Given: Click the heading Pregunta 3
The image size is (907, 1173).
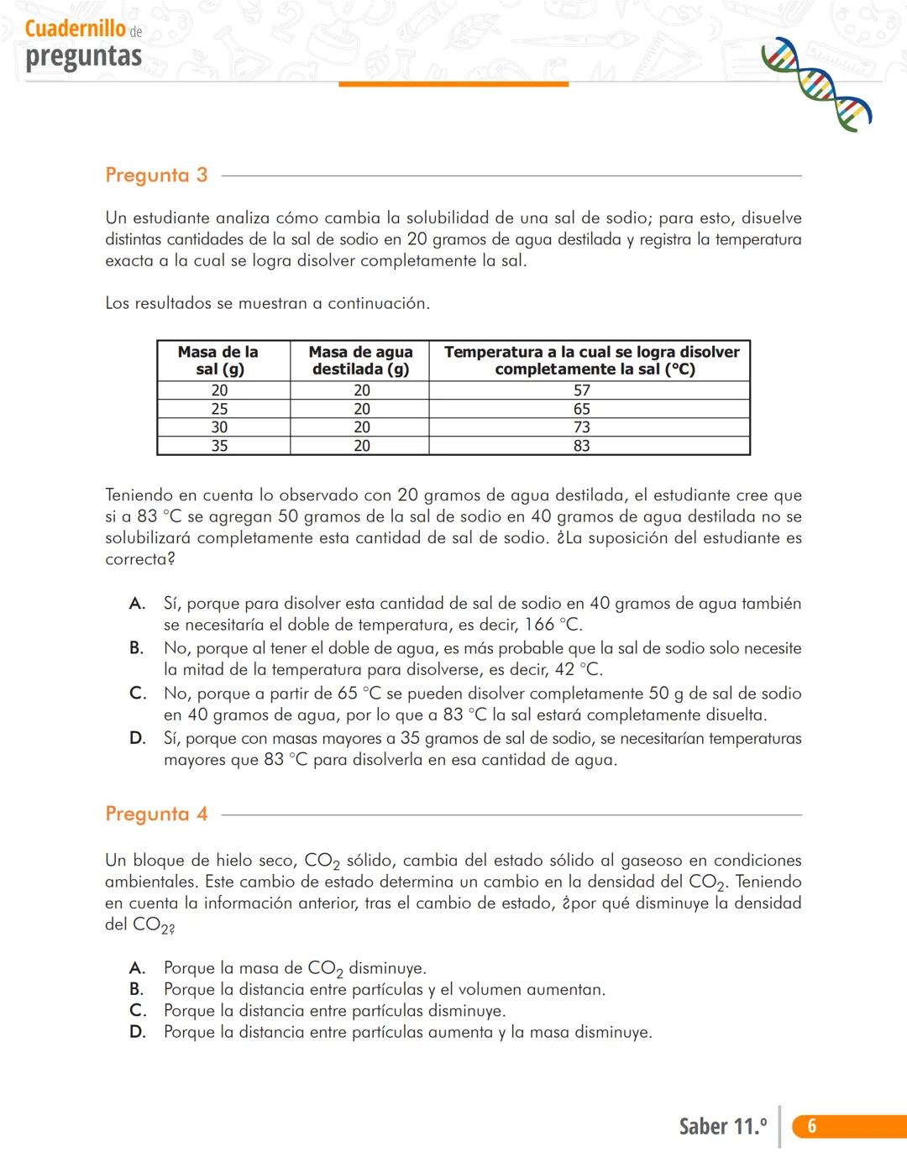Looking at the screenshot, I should coord(156,175).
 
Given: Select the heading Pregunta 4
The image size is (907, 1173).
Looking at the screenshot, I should coord(156,814).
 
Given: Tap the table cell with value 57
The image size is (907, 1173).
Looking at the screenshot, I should coord(582,390).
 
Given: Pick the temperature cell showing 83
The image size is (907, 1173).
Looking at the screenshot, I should coord(582,446).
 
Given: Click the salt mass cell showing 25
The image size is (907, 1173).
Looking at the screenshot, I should coord(219,409).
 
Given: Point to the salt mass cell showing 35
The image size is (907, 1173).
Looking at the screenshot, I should coord(219,446).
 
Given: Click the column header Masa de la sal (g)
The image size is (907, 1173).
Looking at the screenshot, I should coord(218,360).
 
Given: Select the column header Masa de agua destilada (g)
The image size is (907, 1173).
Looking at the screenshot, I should coord(360,360).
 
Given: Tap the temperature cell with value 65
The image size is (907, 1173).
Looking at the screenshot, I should coord(582,409).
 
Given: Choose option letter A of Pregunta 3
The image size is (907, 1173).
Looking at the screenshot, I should coord(137,604).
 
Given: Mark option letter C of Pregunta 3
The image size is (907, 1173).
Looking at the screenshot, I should coord(138,694).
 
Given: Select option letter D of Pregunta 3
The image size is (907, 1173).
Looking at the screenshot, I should coord(138,739).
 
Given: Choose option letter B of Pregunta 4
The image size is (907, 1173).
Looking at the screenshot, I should coord(137,990).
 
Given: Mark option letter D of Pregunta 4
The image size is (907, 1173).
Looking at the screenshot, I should coord(138,1033).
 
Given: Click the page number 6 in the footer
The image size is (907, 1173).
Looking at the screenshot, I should coord(811,1127).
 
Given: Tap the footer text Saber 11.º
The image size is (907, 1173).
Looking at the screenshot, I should coord(722,1127).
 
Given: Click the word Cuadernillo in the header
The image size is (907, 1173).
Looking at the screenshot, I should coord(76,29).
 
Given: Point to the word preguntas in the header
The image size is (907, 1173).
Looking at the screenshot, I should coord(83,56).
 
